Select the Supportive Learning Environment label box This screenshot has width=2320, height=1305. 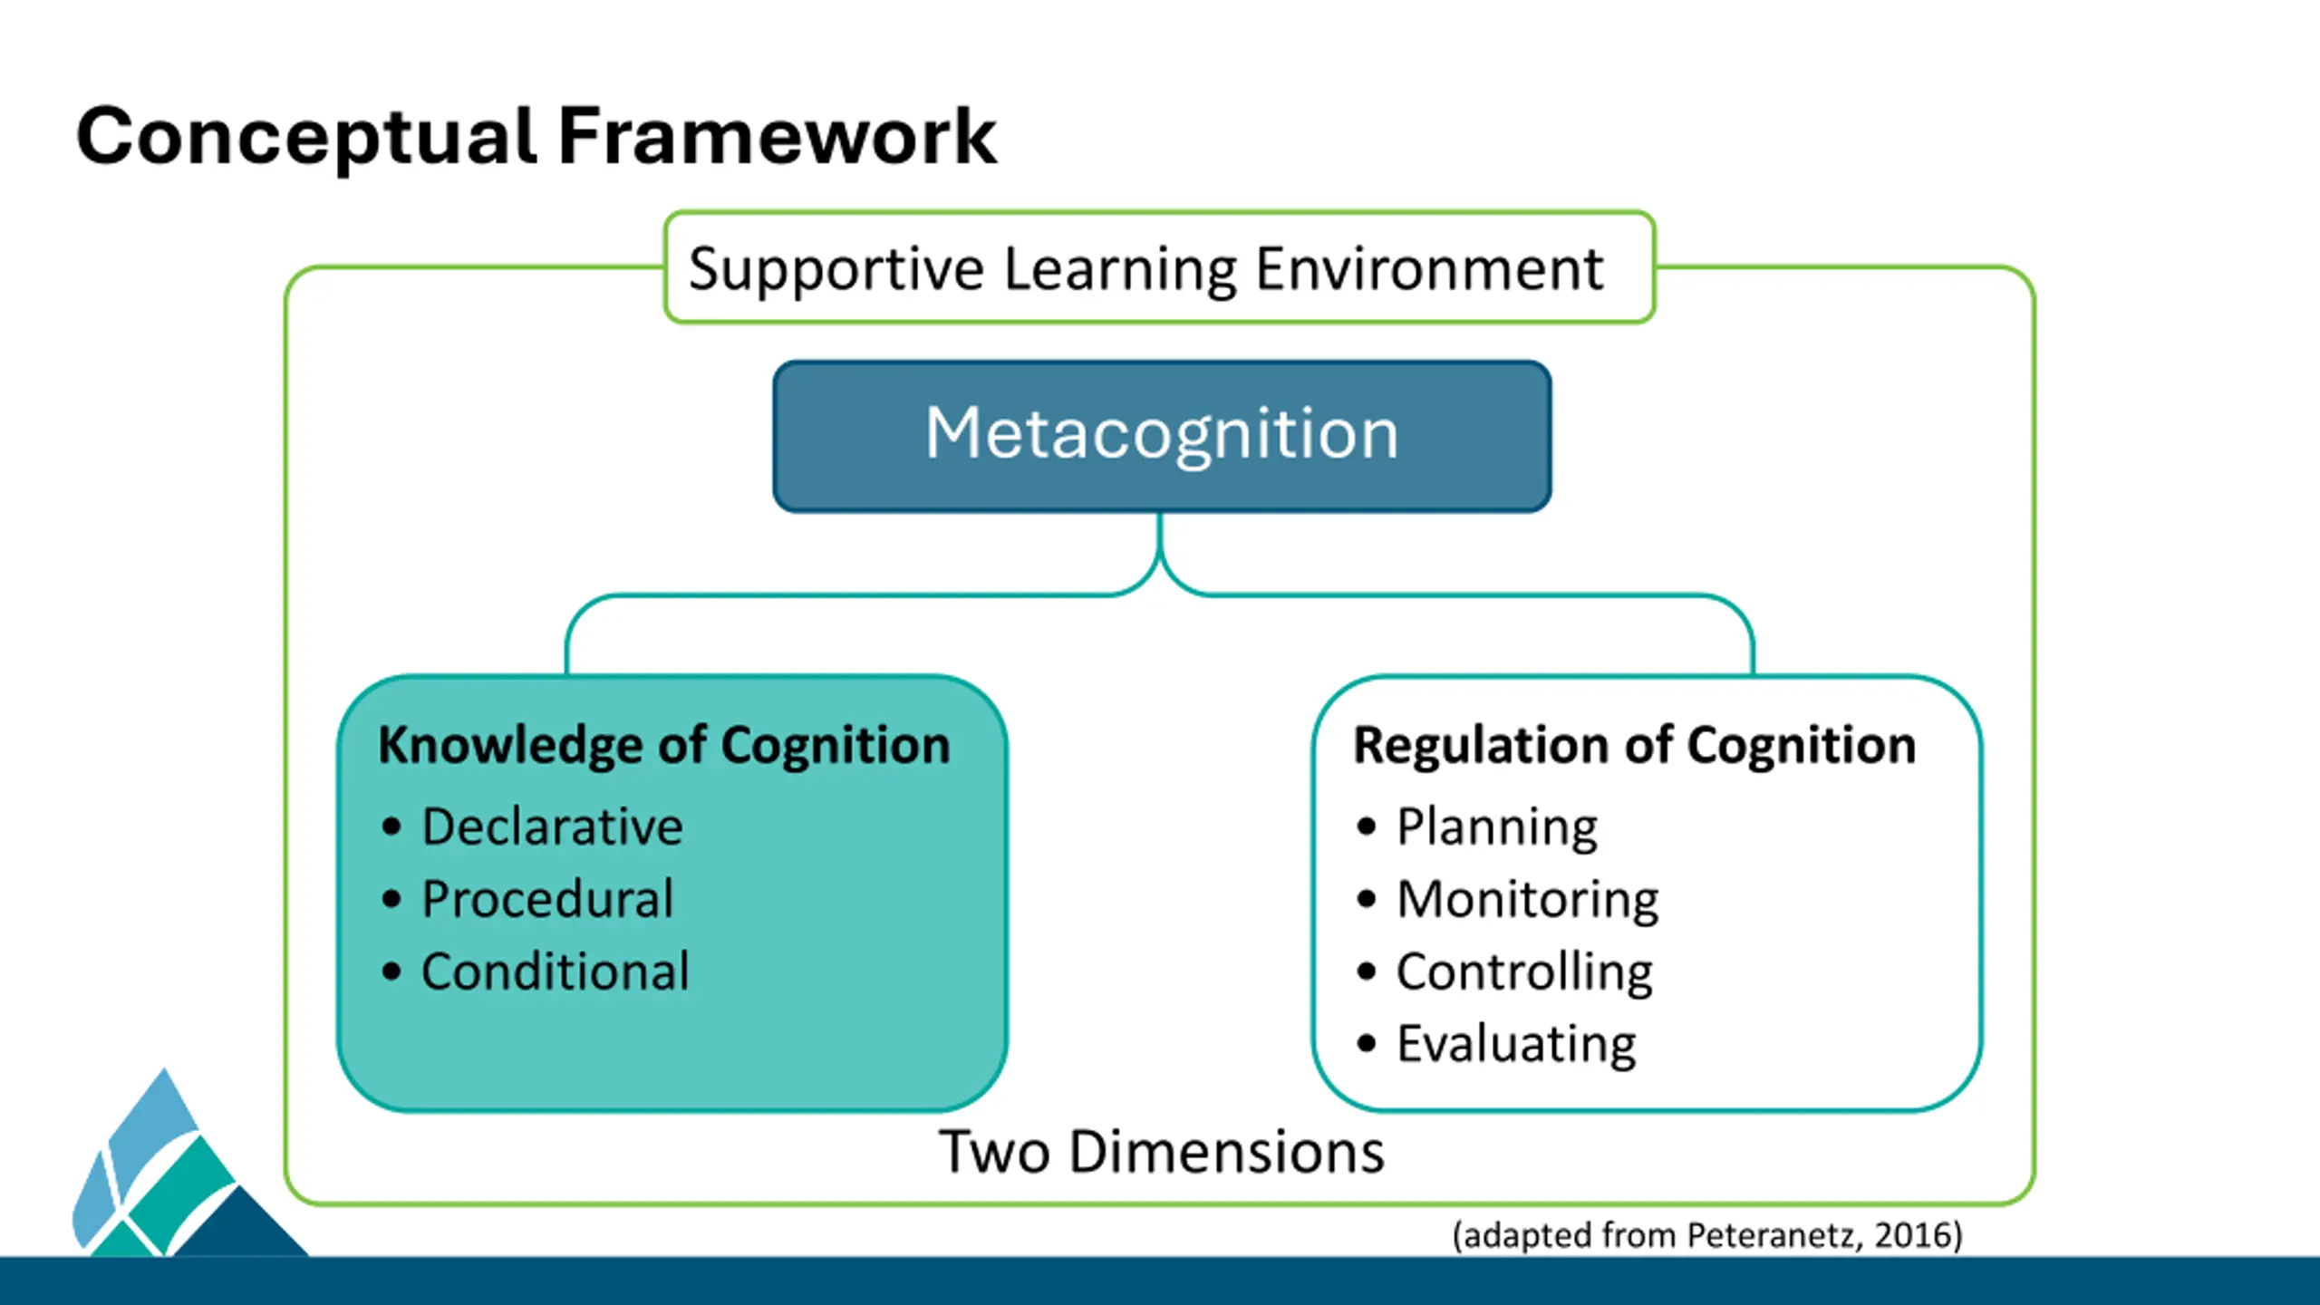1160,267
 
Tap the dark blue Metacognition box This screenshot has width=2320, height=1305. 1162,436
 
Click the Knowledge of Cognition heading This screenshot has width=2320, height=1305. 664,746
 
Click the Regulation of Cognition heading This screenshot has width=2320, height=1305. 1635,746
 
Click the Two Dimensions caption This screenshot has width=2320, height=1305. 1162,1152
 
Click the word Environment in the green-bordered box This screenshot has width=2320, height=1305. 1430,268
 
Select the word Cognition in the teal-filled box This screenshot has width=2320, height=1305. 836,747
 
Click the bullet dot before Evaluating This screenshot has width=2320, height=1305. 1367,1044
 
